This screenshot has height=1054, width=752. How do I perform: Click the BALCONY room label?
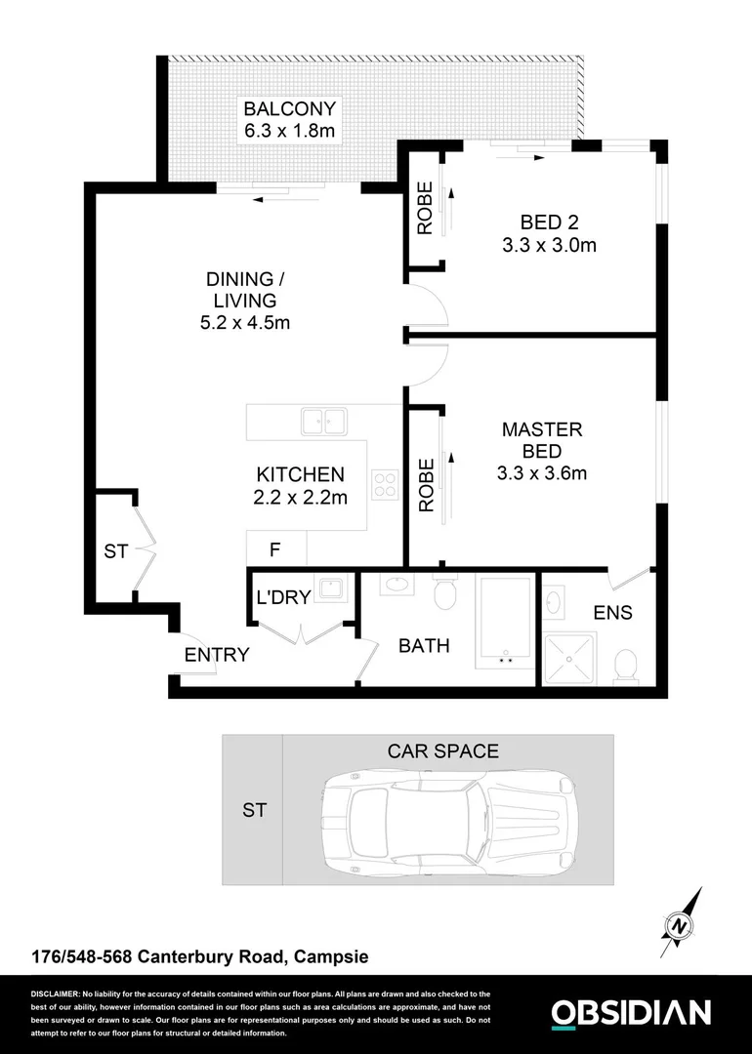[289, 108]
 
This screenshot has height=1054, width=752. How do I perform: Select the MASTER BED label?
[541, 440]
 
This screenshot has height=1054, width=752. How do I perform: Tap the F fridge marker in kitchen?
[275, 550]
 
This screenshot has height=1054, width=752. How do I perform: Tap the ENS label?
[612, 613]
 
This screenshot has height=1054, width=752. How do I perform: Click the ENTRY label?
[217, 655]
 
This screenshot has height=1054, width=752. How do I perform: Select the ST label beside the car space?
[253, 810]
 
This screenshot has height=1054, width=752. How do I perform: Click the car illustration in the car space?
[449, 810]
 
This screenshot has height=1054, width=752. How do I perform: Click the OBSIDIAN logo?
[630, 1013]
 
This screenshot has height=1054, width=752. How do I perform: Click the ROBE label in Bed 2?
[425, 210]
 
